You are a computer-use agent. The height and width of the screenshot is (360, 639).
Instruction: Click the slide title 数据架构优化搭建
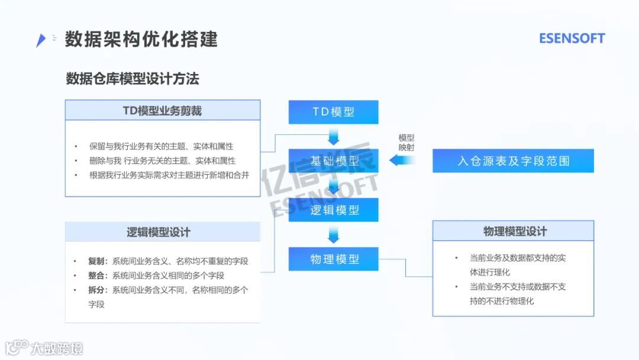pyautogui.click(x=141, y=39)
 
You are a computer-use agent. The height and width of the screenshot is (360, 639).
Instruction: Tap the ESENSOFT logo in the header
pyautogui.click(x=572, y=38)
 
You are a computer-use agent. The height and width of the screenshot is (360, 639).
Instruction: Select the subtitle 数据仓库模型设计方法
pyautogui.click(x=133, y=79)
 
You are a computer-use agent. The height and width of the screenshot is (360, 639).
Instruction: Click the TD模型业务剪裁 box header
pyautogui.click(x=162, y=111)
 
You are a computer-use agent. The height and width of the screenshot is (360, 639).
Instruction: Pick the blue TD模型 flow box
pyautogui.click(x=334, y=112)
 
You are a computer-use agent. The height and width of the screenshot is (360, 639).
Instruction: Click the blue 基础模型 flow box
pyautogui.click(x=334, y=160)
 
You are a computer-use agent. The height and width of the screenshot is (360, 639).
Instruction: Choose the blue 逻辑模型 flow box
pyautogui.click(x=334, y=210)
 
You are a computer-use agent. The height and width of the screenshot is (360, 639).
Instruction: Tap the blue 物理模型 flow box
pyautogui.click(x=334, y=259)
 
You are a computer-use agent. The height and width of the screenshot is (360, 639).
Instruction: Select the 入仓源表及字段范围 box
pyautogui.click(x=513, y=160)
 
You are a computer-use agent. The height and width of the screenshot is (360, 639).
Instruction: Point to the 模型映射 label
pyautogui.click(x=406, y=142)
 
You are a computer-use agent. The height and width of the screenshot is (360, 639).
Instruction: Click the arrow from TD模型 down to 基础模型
pyautogui.click(x=334, y=137)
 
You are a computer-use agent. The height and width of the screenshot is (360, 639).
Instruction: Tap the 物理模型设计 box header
pyautogui.click(x=513, y=231)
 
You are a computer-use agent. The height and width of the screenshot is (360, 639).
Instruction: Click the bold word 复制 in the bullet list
pyautogui.click(x=97, y=261)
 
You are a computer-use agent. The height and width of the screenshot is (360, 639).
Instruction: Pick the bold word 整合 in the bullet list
pyautogui.click(x=97, y=275)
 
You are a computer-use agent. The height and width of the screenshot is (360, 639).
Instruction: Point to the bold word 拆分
pyautogui.click(x=97, y=290)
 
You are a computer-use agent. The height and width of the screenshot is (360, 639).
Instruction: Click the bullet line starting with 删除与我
pyautogui.click(x=162, y=160)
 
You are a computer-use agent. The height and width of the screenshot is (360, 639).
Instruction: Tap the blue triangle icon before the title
pyautogui.click(x=40, y=40)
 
